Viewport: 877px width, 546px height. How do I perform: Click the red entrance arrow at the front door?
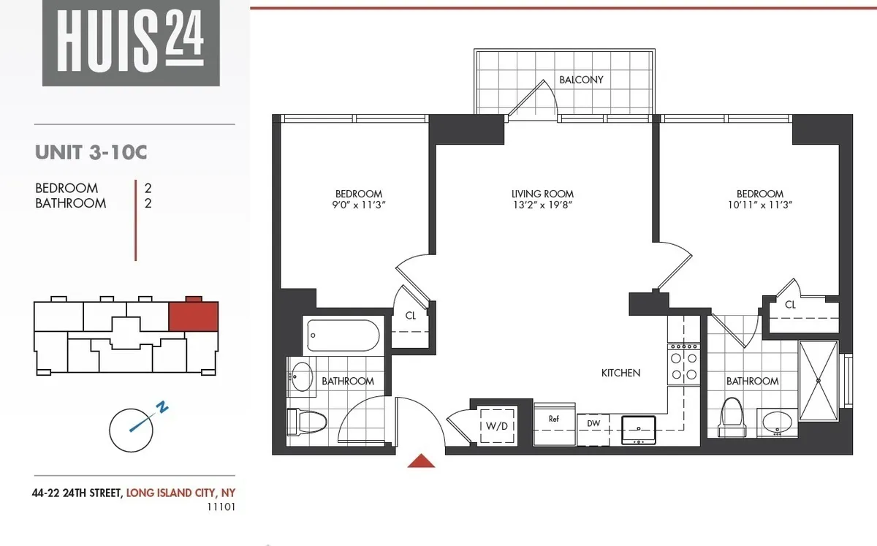420,460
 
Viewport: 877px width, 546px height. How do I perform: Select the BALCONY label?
581,80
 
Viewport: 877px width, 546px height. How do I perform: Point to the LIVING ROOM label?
542,194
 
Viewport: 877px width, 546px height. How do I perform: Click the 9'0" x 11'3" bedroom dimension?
358,205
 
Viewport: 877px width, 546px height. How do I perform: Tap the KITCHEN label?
620,373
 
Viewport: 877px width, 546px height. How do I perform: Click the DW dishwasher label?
593,423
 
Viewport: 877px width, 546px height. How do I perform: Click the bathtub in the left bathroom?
343,336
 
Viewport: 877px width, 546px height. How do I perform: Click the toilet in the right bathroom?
732,418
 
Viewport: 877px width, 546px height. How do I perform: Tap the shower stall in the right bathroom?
819,381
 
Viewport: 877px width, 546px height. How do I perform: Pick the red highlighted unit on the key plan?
194,316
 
